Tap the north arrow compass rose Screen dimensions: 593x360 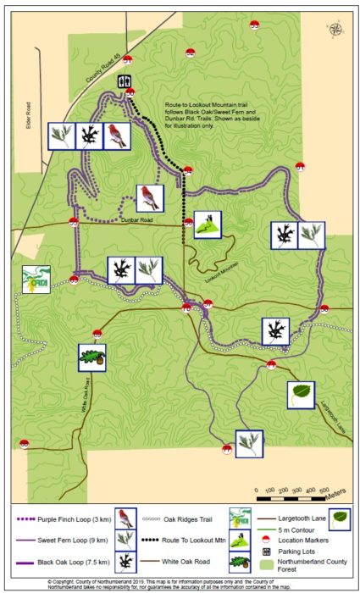tap(338, 30)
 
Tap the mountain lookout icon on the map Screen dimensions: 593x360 tap(208, 224)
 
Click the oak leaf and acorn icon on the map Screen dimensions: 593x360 tap(91, 357)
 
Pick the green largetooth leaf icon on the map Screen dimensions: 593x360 tap(301, 394)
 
